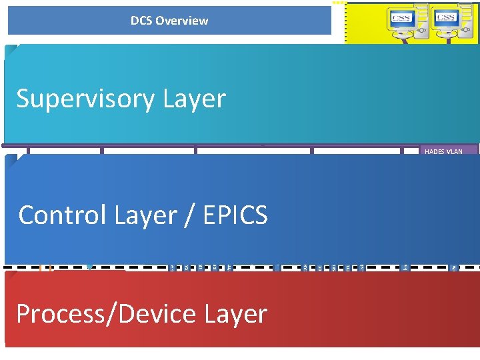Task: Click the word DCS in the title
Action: tap(141, 21)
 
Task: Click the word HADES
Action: tap(433, 152)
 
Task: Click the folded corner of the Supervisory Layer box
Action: tap(11, 50)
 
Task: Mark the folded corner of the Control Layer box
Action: tap(11, 160)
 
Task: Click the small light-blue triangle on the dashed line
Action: tap(90, 267)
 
